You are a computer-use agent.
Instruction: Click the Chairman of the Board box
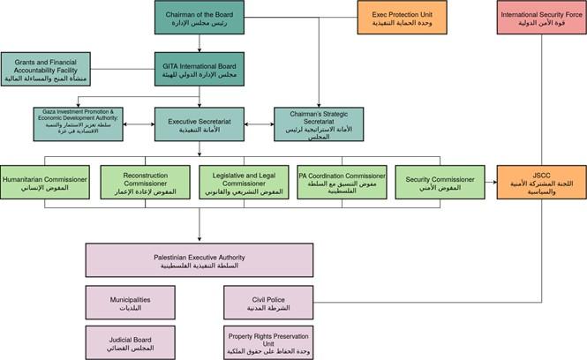coord(199,17)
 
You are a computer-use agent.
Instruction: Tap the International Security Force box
coord(544,17)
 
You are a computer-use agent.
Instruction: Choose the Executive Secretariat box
coord(199,124)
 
